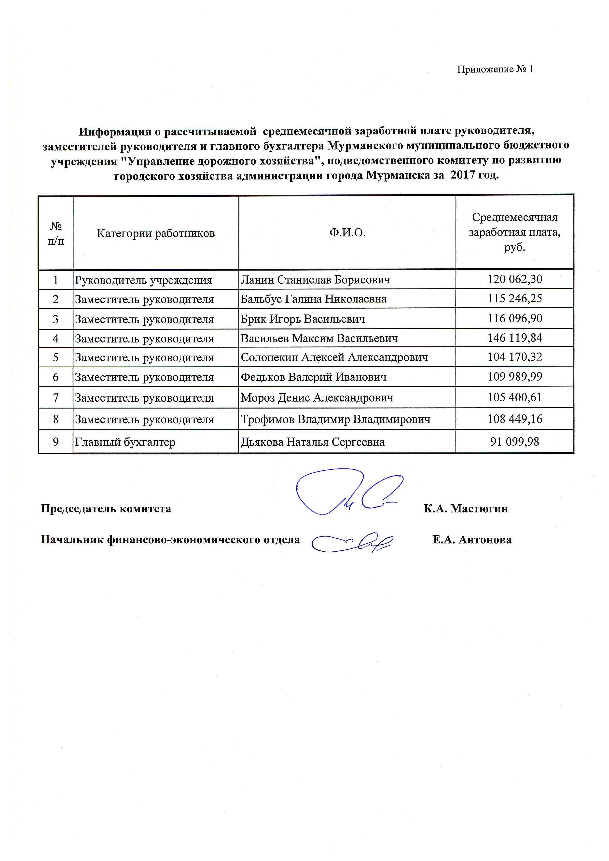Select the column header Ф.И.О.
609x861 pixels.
pos(347,233)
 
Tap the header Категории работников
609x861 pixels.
pos(156,233)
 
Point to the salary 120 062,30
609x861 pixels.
pos(514,279)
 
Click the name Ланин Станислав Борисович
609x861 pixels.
pos(315,280)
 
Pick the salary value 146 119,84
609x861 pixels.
pos(514,338)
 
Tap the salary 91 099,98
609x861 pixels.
pos(514,441)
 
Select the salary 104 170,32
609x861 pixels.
pos(514,357)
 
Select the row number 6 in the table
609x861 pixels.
pos(55,377)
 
